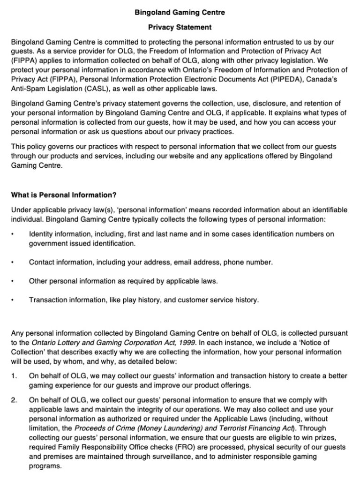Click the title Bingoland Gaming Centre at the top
point(180,13)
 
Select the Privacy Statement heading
point(180,27)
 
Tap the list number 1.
point(14,375)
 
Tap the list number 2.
point(14,400)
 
